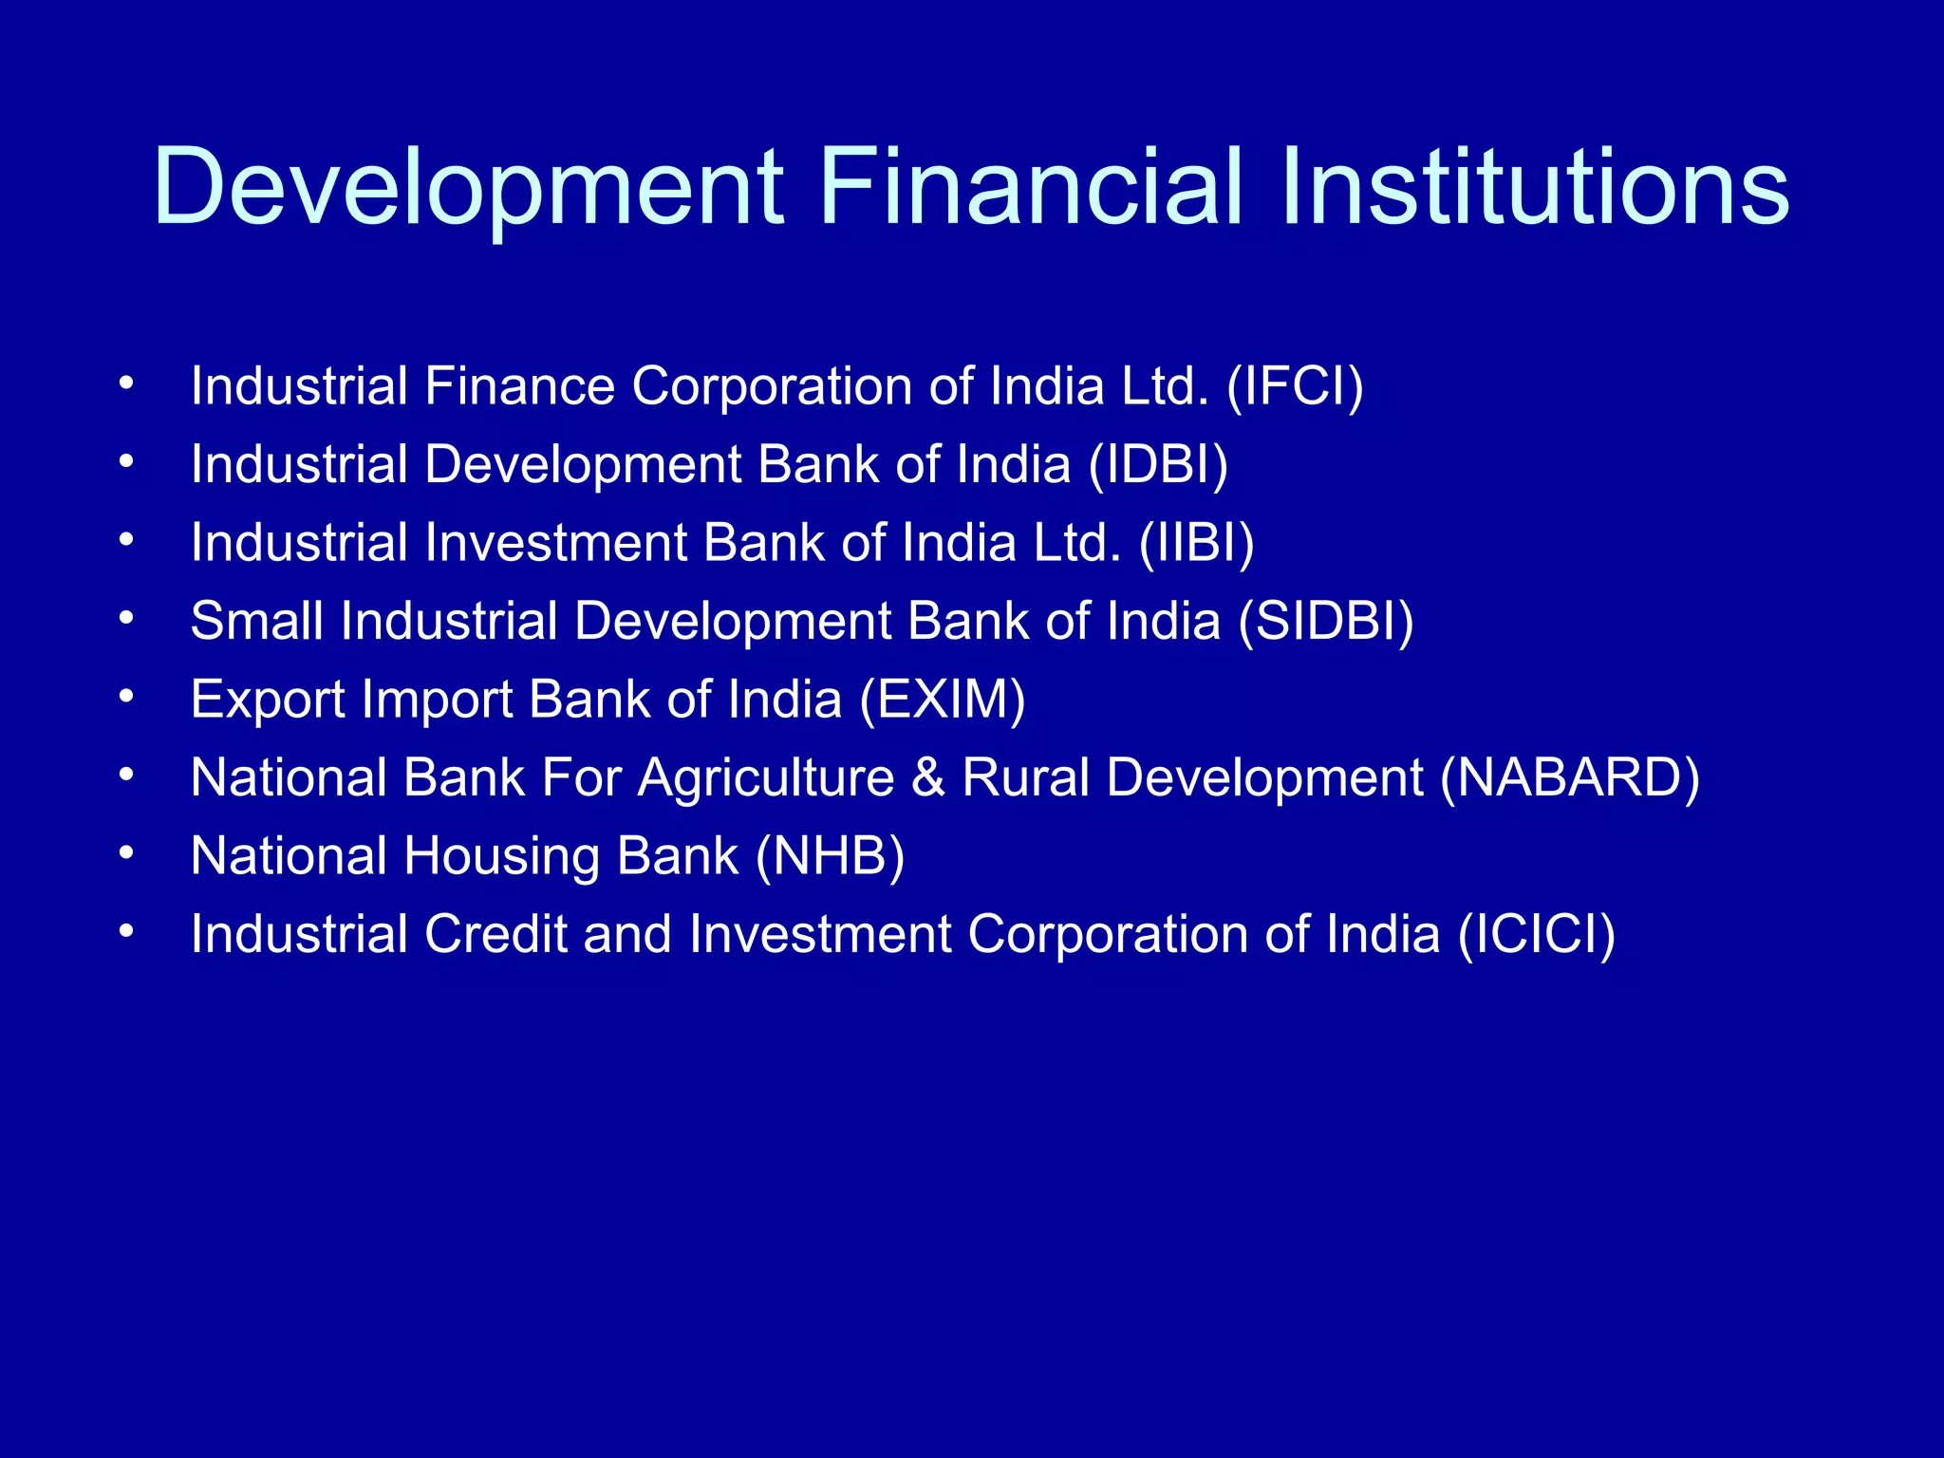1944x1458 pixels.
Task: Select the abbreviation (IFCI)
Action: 1295,386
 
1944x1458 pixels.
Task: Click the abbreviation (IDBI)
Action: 1158,465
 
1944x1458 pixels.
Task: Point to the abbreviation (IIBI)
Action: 1196,543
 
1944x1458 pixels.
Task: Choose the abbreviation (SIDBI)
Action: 1325,622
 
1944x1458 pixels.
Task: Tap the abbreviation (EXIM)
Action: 943,700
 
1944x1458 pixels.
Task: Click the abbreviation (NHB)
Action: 830,856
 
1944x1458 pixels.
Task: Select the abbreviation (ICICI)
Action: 1537,934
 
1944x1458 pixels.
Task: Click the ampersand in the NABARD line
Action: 927,777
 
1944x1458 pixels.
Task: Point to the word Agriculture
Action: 765,779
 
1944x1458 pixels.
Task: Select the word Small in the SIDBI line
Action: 256,622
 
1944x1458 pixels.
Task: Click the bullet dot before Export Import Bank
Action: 126,697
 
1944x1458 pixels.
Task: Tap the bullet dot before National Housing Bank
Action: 126,853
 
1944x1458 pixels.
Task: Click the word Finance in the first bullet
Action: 519,386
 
